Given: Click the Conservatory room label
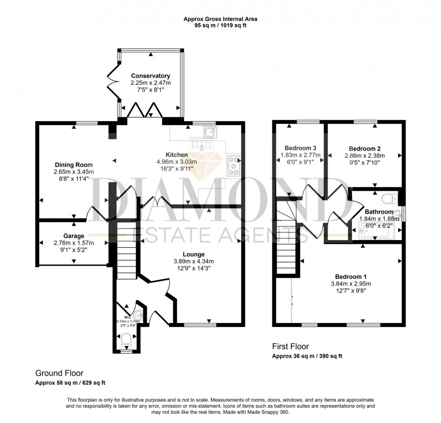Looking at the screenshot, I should click(x=150, y=76).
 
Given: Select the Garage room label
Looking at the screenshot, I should click(x=74, y=236).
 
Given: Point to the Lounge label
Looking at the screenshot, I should click(x=194, y=254).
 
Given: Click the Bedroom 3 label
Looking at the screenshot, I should click(x=300, y=148).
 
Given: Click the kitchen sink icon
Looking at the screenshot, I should click(x=210, y=132).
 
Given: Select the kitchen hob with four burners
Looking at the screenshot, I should click(x=233, y=165).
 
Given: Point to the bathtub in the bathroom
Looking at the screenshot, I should click(x=377, y=233).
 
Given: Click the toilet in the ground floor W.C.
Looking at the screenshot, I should click(x=126, y=339).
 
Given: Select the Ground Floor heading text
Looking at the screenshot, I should click(x=59, y=373).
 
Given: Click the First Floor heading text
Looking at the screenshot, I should click(x=290, y=346).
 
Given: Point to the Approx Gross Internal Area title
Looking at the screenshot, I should click(x=220, y=19).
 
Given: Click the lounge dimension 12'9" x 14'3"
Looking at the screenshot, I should click(x=194, y=268).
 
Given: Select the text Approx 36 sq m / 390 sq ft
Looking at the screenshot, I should click(x=307, y=356).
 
